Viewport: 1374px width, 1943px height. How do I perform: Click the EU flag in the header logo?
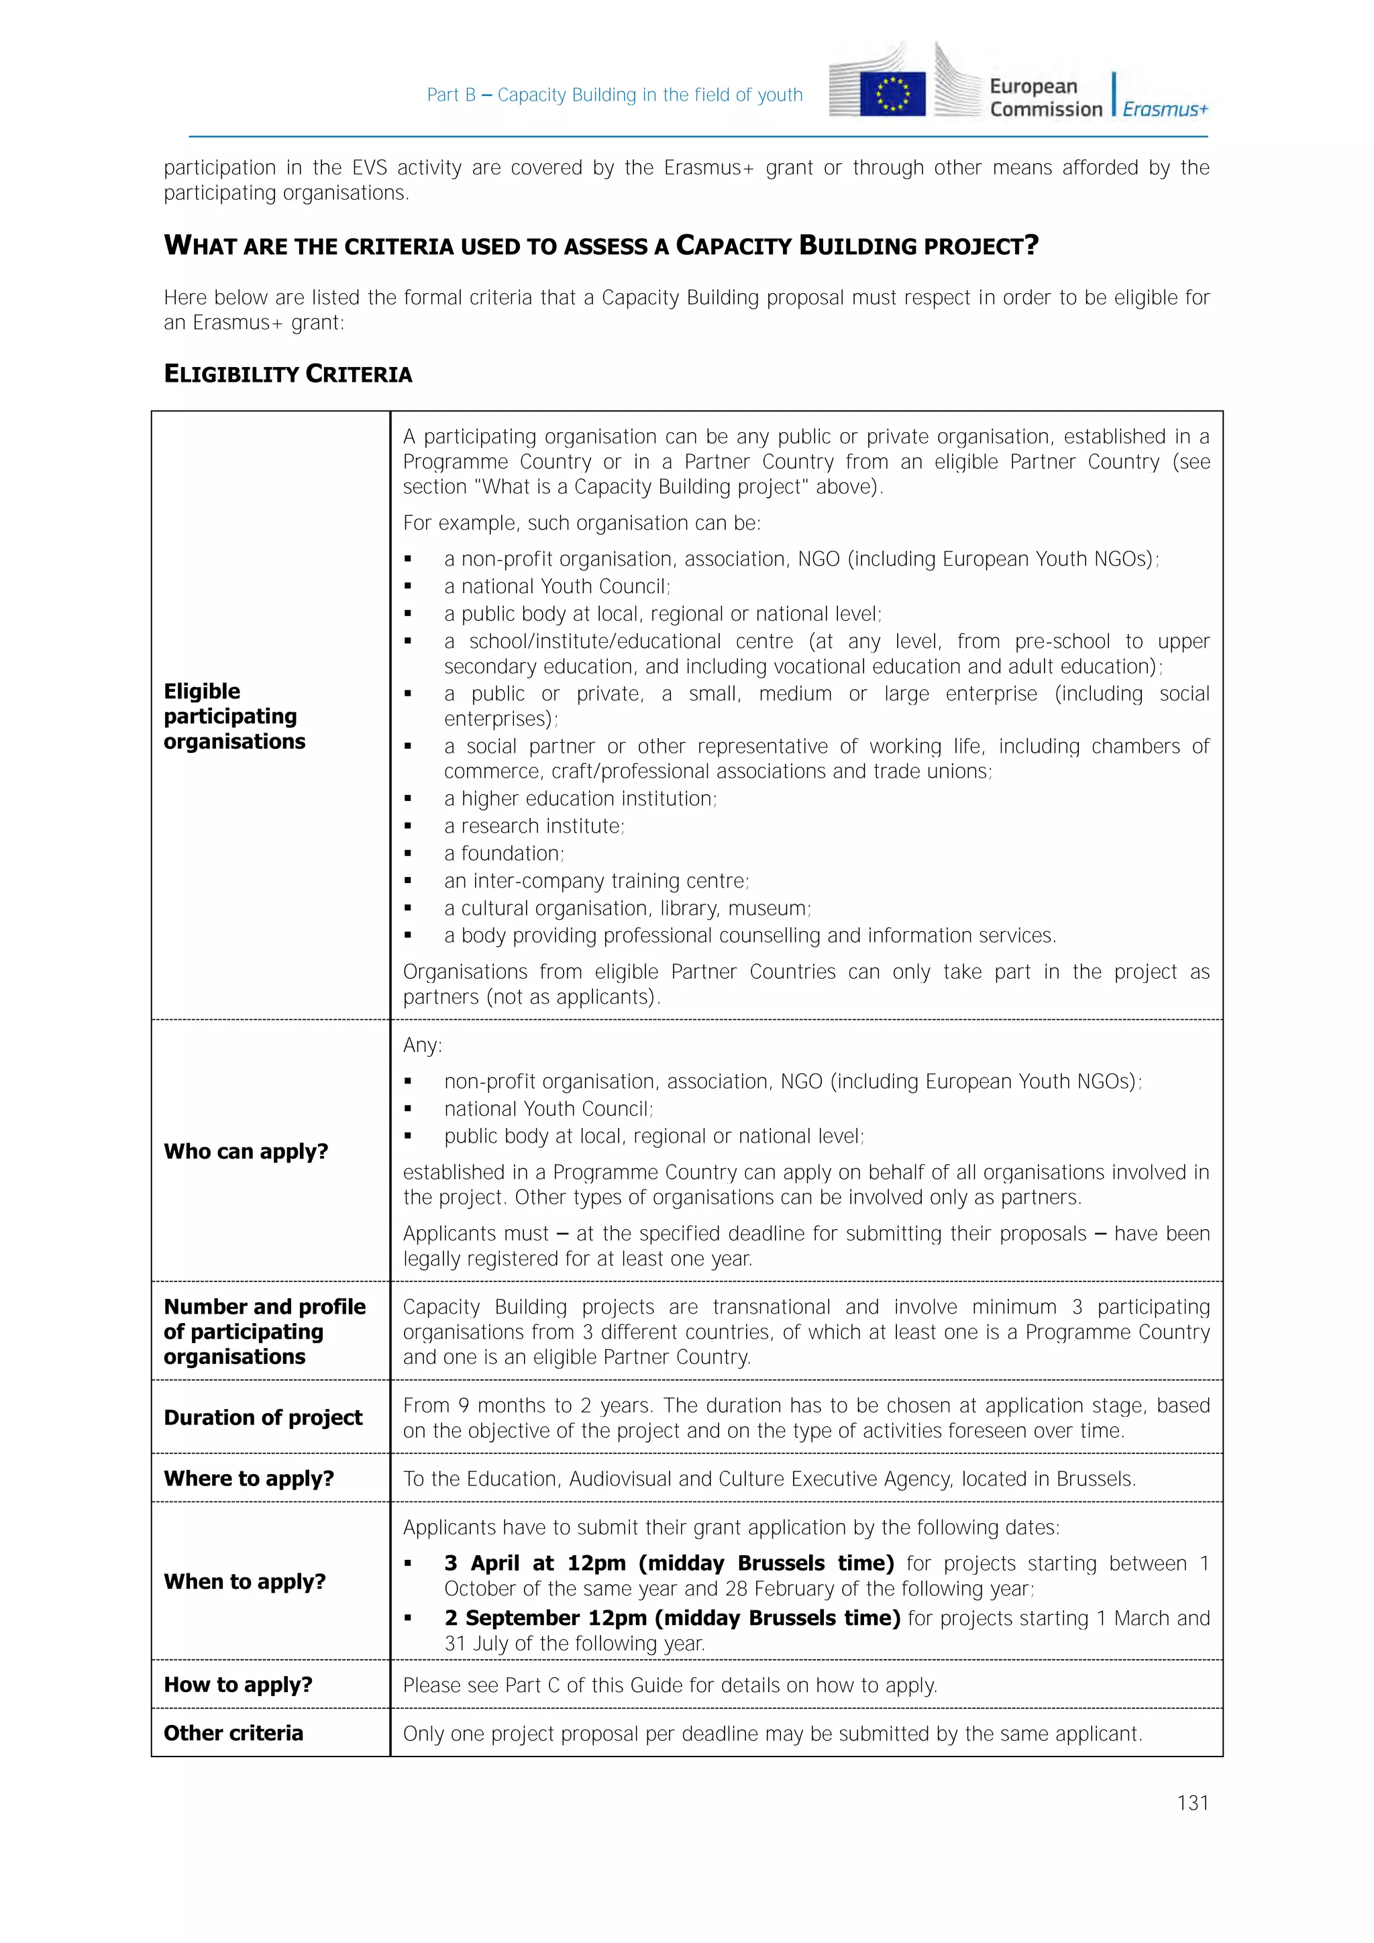tap(892, 93)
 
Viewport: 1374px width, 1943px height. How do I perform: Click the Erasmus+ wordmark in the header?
tap(1165, 109)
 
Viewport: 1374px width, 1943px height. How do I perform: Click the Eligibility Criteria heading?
tap(288, 374)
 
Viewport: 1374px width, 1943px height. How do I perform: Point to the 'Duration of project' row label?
tap(263, 1418)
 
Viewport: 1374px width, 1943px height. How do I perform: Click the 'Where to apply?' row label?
tap(249, 1479)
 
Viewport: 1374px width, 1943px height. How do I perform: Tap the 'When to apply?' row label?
tap(244, 1581)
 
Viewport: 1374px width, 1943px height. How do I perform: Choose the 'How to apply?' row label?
tap(237, 1685)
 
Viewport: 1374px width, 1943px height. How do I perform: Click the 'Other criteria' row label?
tap(233, 1733)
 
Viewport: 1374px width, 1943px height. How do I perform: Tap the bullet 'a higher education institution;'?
tap(580, 799)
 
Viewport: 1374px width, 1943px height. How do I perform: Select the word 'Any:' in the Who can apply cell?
tap(422, 1045)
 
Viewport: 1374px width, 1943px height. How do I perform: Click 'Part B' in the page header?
tap(451, 95)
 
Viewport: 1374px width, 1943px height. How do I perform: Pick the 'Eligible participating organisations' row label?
tap(234, 716)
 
